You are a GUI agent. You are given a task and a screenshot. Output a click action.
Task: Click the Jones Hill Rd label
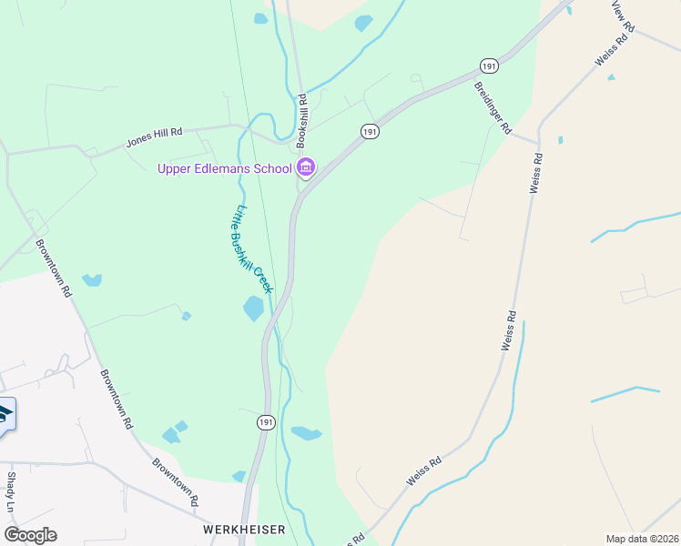pyautogui.click(x=154, y=137)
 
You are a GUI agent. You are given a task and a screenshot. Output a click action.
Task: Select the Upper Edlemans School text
pyautogui.click(x=224, y=168)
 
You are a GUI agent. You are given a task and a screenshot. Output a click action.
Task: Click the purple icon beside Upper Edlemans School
pyautogui.click(x=306, y=167)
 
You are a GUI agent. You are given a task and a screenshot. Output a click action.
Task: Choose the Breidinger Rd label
pyautogui.click(x=493, y=106)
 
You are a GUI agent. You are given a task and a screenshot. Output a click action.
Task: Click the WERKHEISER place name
pyautogui.click(x=244, y=529)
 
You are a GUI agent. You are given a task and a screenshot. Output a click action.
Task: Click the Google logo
pyautogui.click(x=30, y=535)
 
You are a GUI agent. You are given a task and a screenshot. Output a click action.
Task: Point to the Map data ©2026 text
pyautogui.click(x=641, y=539)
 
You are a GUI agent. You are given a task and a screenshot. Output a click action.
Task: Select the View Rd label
pyautogui.click(x=620, y=12)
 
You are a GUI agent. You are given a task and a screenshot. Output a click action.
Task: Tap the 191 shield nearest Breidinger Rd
pyautogui.click(x=489, y=66)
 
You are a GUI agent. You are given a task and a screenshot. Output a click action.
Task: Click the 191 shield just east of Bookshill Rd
pyautogui.click(x=369, y=132)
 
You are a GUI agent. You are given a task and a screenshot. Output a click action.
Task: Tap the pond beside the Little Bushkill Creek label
pyautogui.click(x=253, y=308)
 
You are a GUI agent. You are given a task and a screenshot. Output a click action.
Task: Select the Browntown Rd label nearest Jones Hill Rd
pyautogui.click(x=54, y=268)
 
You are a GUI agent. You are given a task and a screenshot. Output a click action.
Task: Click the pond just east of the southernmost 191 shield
pyautogui.click(x=306, y=433)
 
